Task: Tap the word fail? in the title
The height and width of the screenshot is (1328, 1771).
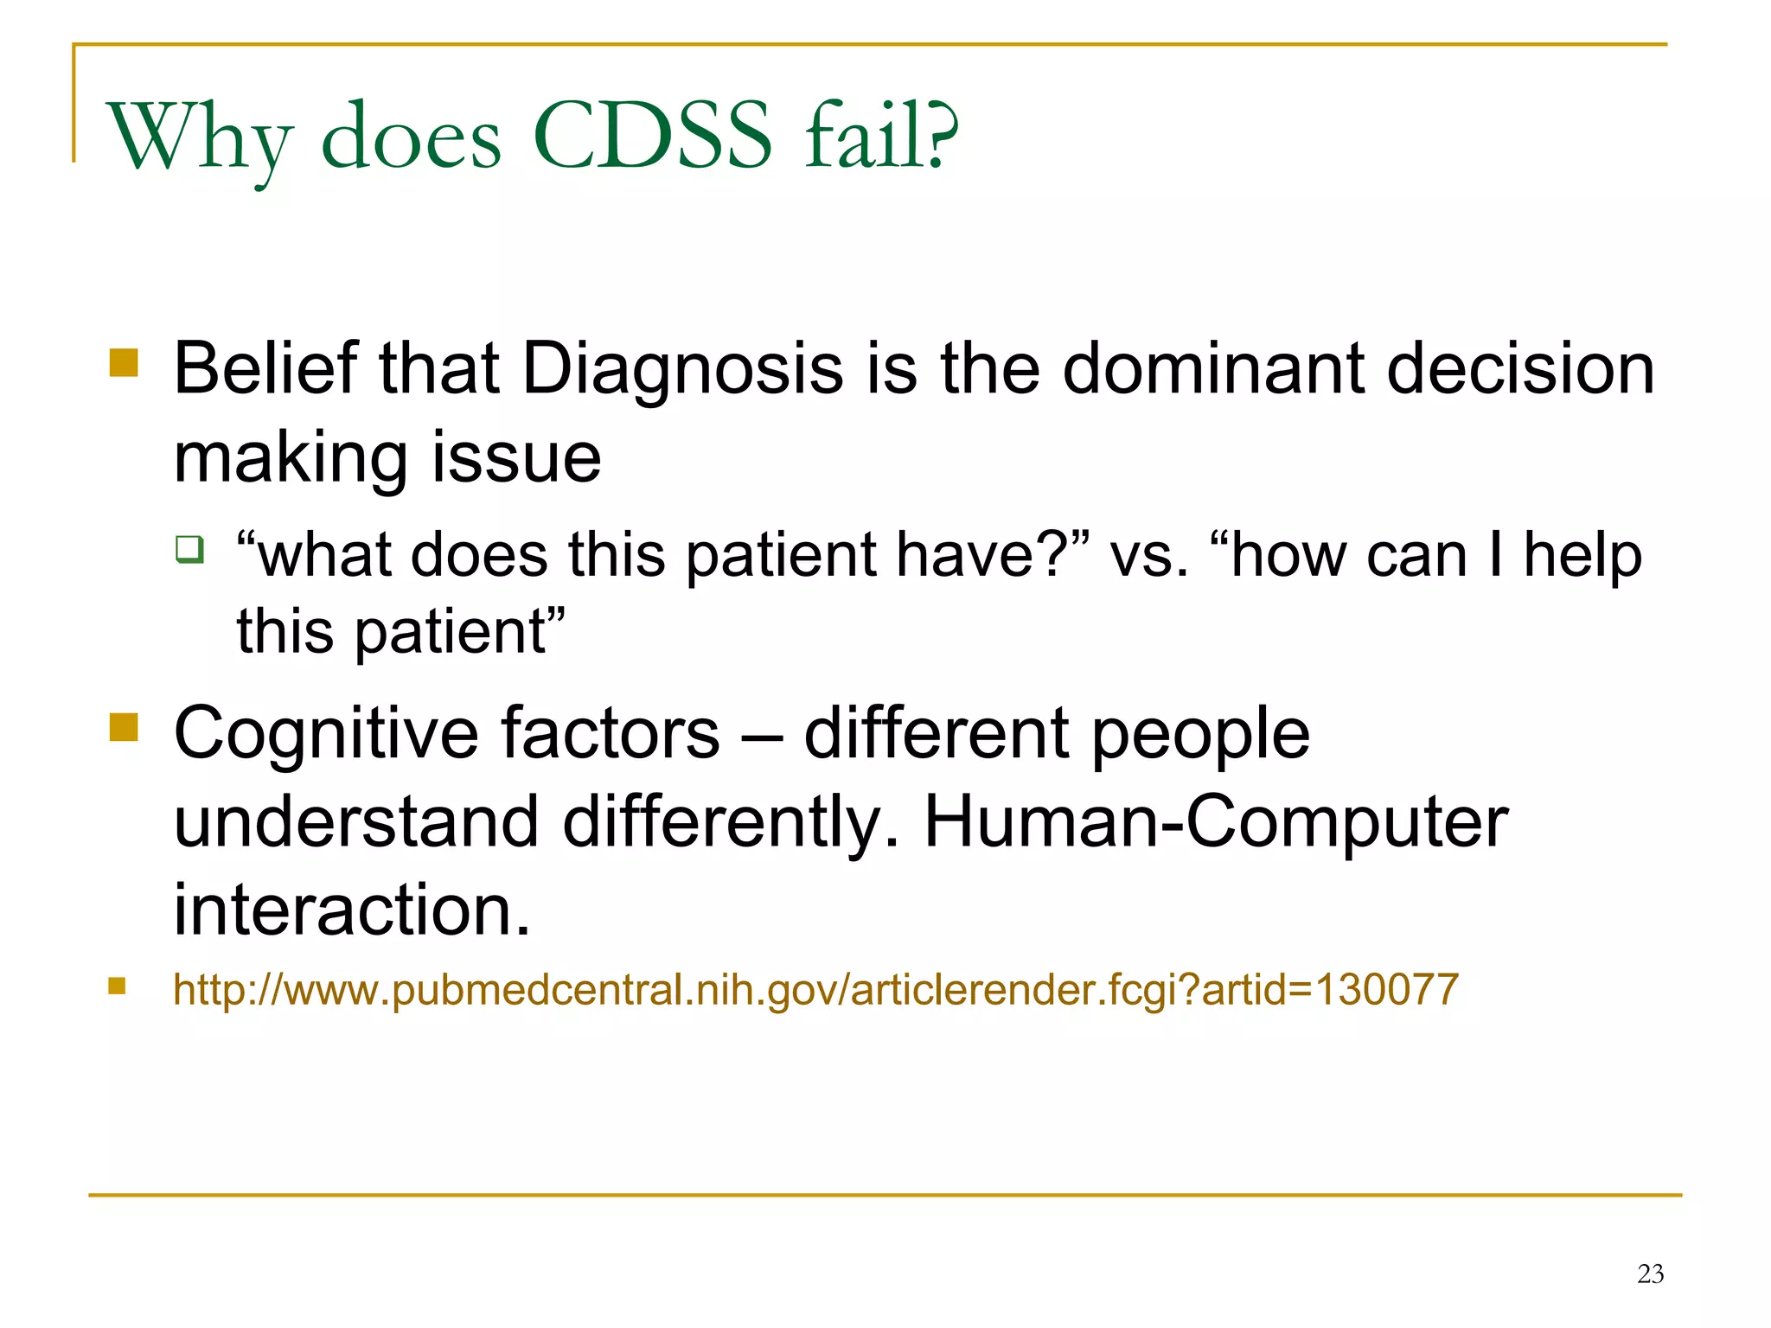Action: click(x=880, y=137)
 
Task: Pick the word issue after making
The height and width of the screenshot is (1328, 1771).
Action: click(x=515, y=457)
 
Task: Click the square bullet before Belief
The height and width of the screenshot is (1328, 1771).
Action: click(x=125, y=362)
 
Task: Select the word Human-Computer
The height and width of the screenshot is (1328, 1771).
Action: click(x=1216, y=821)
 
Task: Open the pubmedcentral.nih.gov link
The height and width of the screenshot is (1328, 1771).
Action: click(x=815, y=989)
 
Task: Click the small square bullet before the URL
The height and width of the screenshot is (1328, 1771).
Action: click(x=117, y=986)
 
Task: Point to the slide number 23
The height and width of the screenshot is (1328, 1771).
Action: click(x=1650, y=1274)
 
